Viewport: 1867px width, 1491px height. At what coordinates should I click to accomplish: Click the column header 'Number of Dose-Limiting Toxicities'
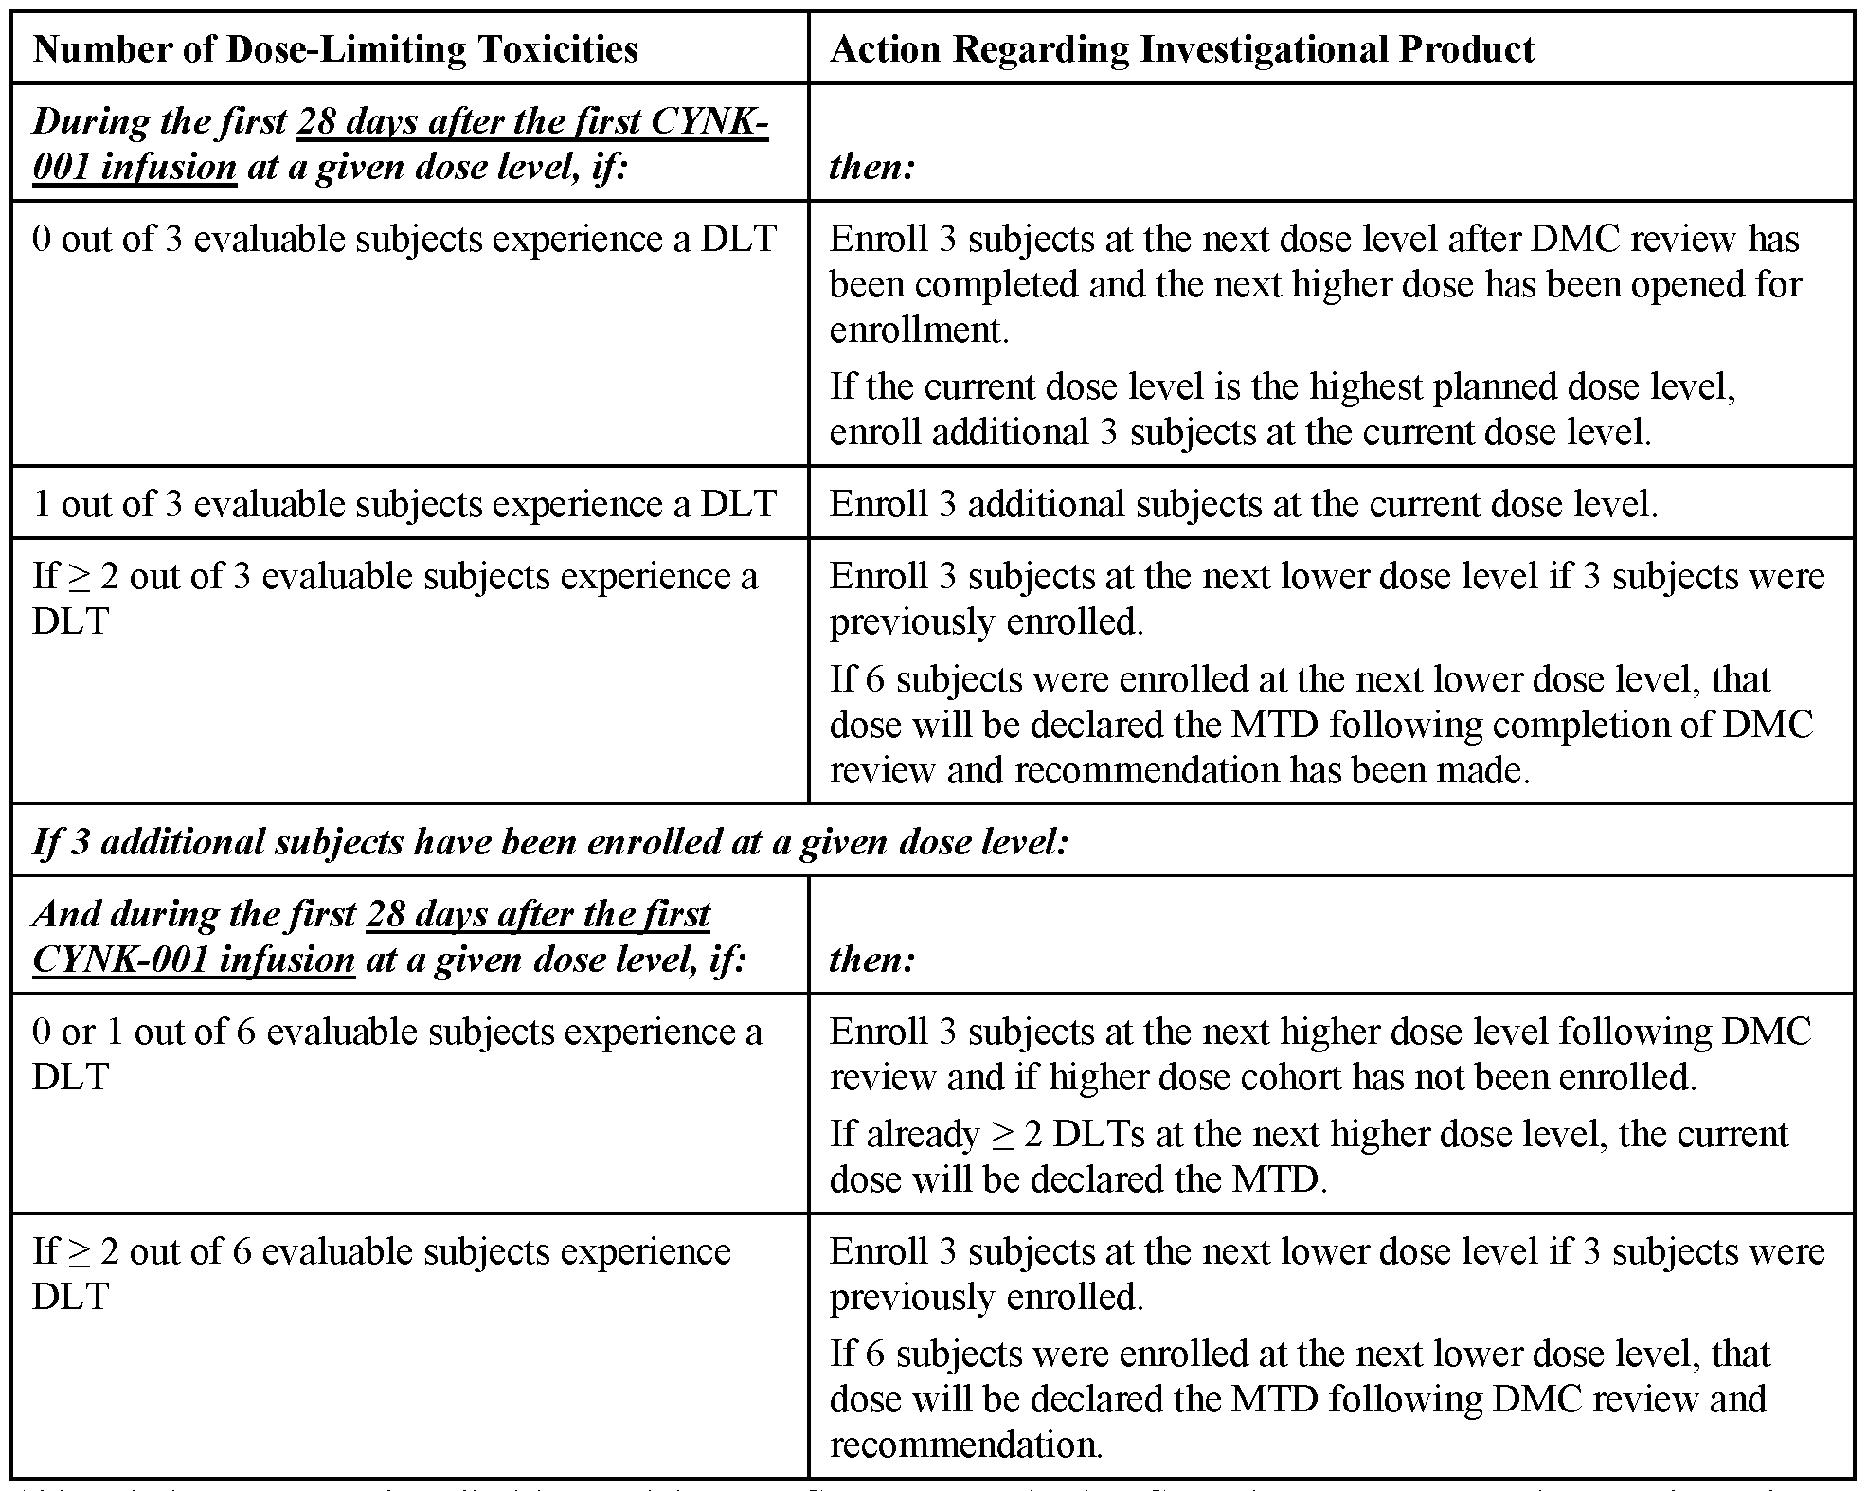335,49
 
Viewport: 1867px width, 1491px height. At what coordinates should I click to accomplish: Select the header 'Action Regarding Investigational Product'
1181,49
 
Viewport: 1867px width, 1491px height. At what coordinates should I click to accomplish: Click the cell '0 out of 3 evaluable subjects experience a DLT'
404,240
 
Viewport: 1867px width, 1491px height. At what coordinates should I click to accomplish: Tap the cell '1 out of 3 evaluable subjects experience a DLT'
404,504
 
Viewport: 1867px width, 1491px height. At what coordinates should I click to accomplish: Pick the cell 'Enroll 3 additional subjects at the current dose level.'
1243,504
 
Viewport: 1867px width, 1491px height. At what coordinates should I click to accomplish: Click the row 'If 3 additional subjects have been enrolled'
550,841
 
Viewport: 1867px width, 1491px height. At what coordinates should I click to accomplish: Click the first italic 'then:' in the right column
871,167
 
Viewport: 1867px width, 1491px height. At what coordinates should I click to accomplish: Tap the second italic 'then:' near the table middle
871,959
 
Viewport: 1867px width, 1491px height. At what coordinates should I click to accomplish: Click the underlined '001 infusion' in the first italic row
135,167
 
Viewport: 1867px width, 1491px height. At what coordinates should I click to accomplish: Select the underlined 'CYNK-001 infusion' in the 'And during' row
193,959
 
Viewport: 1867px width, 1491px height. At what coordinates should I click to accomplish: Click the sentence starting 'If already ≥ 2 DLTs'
1308,1134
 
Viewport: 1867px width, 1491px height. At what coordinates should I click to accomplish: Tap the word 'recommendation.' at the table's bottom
966,1445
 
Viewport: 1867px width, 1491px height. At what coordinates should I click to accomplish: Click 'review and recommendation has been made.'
1179,770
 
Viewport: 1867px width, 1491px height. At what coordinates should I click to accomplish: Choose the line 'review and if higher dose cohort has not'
1263,1077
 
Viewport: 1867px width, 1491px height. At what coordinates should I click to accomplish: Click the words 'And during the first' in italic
193,914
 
